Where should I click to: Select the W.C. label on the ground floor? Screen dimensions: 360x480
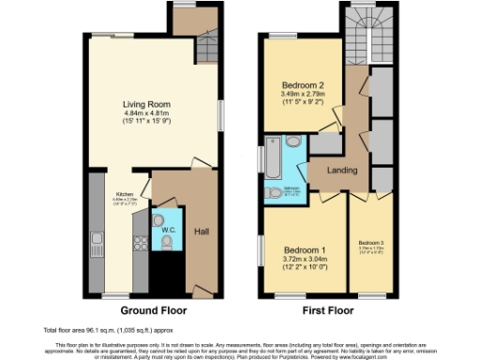click(x=170, y=229)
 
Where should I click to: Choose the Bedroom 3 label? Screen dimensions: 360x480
click(x=370, y=243)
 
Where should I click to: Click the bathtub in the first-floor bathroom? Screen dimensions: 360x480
click(x=273, y=158)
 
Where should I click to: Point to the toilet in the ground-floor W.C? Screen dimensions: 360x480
click(x=167, y=243)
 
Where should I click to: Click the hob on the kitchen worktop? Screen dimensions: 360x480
click(x=139, y=243)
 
